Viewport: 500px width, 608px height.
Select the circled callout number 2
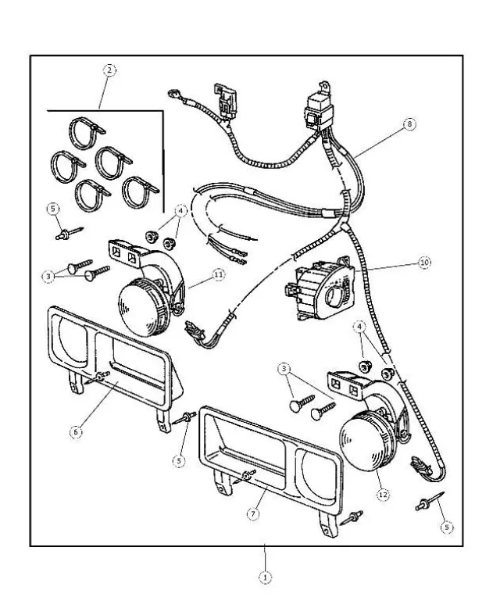point(109,70)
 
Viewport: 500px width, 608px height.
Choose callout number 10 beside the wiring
point(423,263)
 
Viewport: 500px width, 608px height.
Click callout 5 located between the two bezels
point(179,461)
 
